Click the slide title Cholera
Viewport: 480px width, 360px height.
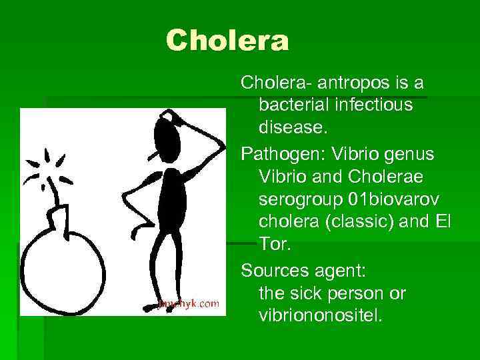(227, 41)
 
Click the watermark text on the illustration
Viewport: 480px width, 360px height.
(189, 303)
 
